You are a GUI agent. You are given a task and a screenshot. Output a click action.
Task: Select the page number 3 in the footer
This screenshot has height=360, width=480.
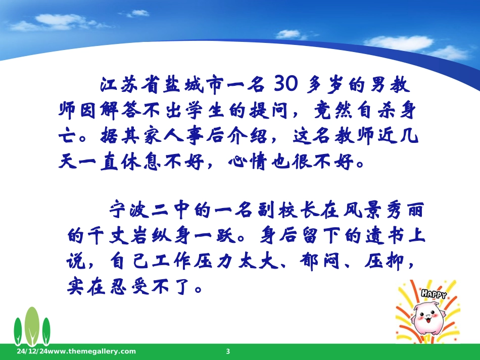pos(228,351)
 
